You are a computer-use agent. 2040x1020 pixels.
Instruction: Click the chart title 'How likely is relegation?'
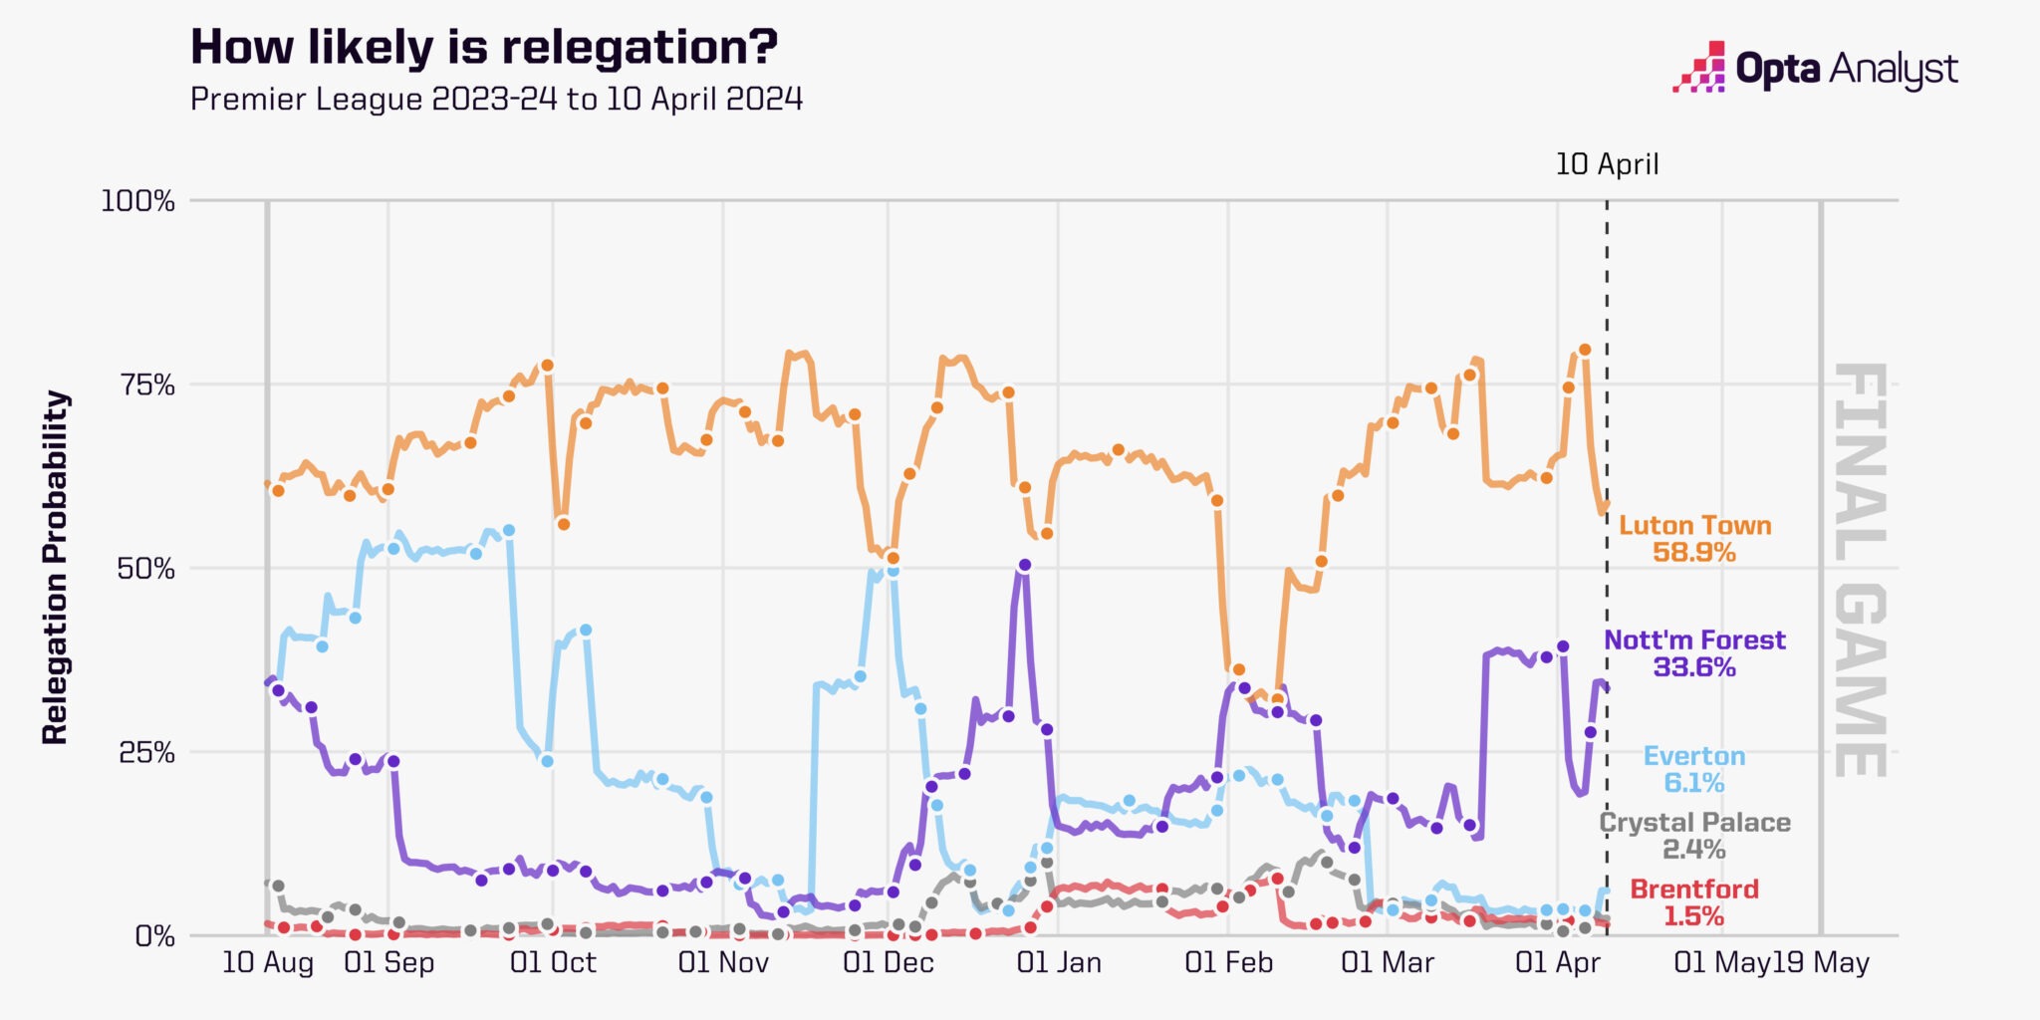(x=484, y=47)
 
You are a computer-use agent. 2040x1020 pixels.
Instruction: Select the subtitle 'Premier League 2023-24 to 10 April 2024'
(x=496, y=99)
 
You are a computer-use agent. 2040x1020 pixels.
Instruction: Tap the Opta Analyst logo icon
(x=1699, y=67)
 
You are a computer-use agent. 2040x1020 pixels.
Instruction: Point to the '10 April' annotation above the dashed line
(x=1607, y=164)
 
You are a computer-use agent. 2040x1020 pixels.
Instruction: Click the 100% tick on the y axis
(x=137, y=201)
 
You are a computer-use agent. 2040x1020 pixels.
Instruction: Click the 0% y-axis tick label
(x=154, y=936)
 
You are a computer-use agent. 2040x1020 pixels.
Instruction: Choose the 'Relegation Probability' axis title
(x=56, y=568)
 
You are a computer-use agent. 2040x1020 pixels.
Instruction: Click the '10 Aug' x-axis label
(x=267, y=963)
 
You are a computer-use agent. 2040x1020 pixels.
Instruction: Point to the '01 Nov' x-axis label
(x=723, y=963)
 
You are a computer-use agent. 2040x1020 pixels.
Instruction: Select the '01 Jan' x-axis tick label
(x=1059, y=963)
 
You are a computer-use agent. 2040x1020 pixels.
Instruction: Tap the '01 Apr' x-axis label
(x=1557, y=963)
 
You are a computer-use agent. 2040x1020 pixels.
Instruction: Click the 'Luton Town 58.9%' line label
(x=1694, y=539)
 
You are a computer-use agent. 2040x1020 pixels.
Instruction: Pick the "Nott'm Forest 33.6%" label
(x=1694, y=653)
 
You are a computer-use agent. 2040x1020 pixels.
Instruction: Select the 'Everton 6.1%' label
(x=1694, y=769)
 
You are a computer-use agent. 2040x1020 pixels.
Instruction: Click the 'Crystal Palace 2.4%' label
(x=1694, y=836)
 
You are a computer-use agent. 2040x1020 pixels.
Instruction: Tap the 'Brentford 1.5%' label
(x=1694, y=902)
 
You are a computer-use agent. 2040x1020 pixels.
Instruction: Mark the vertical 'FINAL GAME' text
(x=1860, y=569)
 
